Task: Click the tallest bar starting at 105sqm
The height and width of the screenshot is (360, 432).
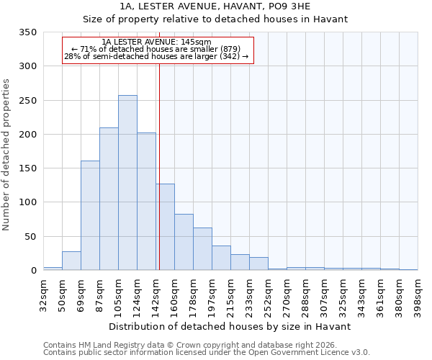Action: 127,183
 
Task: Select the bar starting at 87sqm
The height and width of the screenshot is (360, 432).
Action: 109,199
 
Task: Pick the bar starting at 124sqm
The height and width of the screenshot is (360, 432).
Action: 146,202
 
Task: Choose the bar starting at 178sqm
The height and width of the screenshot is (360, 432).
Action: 202,249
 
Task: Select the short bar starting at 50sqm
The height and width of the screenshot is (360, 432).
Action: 71,261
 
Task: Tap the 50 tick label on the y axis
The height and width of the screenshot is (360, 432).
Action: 30,237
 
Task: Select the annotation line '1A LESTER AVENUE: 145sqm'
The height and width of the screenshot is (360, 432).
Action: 156,42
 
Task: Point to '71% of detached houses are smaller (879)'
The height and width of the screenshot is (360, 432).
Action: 156,49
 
